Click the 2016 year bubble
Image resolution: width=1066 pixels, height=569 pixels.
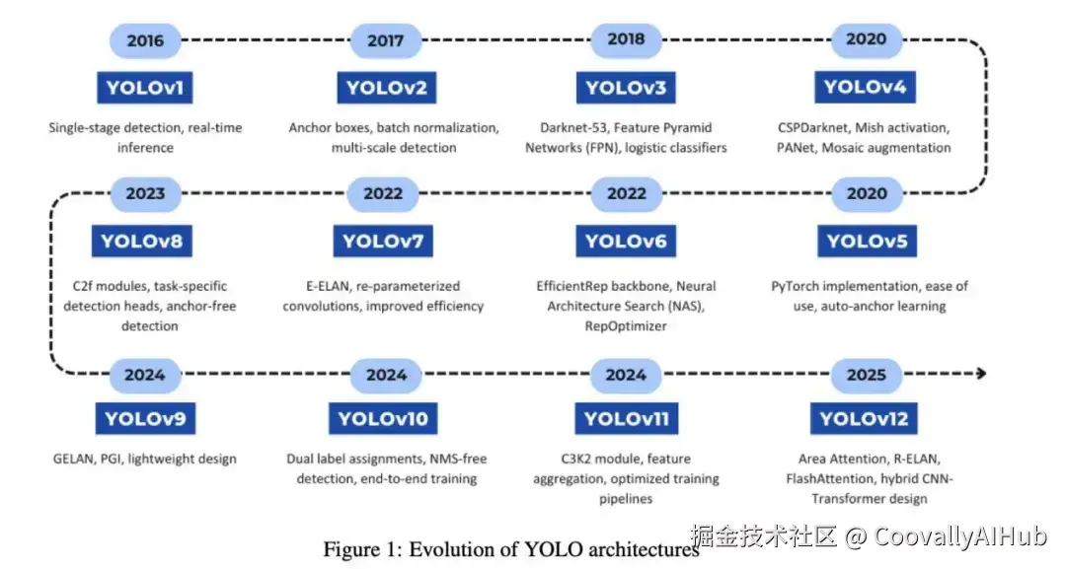click(145, 41)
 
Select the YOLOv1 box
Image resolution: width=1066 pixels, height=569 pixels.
click(145, 88)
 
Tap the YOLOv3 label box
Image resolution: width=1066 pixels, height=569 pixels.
click(626, 88)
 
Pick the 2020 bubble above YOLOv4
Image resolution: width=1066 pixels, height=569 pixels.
click(867, 40)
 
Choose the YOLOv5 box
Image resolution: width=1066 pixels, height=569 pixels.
click(867, 241)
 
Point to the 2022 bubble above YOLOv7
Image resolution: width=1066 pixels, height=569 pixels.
click(383, 194)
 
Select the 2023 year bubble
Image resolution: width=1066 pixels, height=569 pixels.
click(145, 194)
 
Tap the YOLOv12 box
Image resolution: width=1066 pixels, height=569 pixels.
click(867, 418)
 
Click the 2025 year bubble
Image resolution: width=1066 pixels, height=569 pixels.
click(867, 374)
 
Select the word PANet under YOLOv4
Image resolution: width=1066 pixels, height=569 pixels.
click(796, 148)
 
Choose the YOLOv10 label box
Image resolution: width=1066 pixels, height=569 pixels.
click(383, 418)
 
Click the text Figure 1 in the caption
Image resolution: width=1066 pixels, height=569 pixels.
click(356, 548)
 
